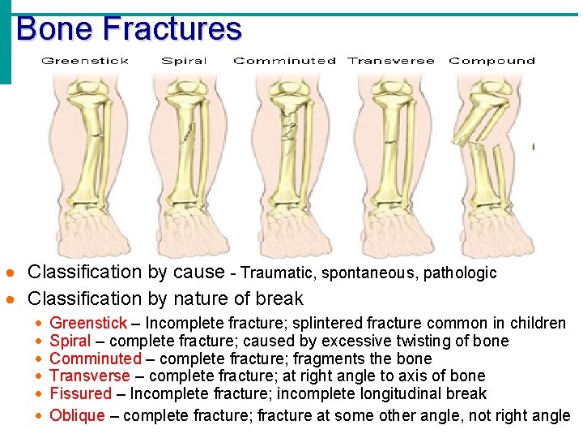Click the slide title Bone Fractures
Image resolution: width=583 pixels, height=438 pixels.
[129, 29]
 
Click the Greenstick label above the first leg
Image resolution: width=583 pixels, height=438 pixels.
[85, 61]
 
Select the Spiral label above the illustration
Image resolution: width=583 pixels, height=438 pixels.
[184, 61]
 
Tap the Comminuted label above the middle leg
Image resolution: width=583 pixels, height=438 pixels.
[284, 61]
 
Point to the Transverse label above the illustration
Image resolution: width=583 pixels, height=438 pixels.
[390, 61]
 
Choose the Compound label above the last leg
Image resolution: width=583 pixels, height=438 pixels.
[492, 61]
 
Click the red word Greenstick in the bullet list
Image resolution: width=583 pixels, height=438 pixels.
[88, 324]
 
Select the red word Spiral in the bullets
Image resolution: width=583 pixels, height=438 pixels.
[70, 341]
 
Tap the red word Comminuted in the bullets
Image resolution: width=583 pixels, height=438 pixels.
[96, 359]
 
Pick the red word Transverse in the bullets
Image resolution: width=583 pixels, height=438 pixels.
[90, 376]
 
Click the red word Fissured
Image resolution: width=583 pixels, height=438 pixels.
[80, 393]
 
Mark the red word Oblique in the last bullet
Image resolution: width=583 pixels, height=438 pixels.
[78, 415]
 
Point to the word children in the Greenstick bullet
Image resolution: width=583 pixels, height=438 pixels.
[538, 324]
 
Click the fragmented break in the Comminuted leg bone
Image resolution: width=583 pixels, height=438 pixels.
[287, 126]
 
